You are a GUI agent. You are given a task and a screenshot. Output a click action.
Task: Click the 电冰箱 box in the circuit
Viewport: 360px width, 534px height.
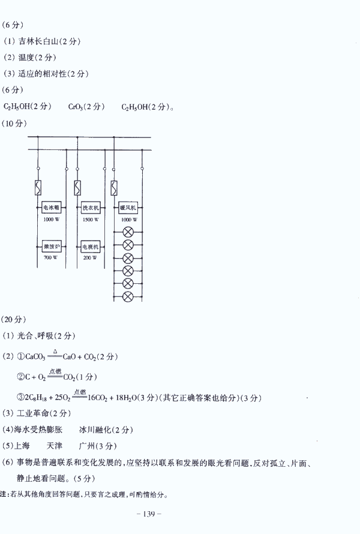(x=51, y=208)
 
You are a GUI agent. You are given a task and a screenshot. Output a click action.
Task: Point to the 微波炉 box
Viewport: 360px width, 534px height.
(x=51, y=246)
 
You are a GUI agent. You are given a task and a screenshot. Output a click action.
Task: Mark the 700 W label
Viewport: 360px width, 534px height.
(x=51, y=257)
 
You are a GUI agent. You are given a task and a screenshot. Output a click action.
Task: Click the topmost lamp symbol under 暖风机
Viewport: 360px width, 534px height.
(x=128, y=232)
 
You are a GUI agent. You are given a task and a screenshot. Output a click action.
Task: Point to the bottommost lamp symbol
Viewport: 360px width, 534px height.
(x=128, y=296)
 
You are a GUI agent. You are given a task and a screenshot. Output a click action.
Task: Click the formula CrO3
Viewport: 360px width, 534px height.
(x=76, y=107)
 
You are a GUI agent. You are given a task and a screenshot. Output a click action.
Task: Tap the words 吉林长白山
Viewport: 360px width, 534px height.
(x=40, y=41)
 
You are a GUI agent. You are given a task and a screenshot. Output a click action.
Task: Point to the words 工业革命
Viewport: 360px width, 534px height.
(x=32, y=413)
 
